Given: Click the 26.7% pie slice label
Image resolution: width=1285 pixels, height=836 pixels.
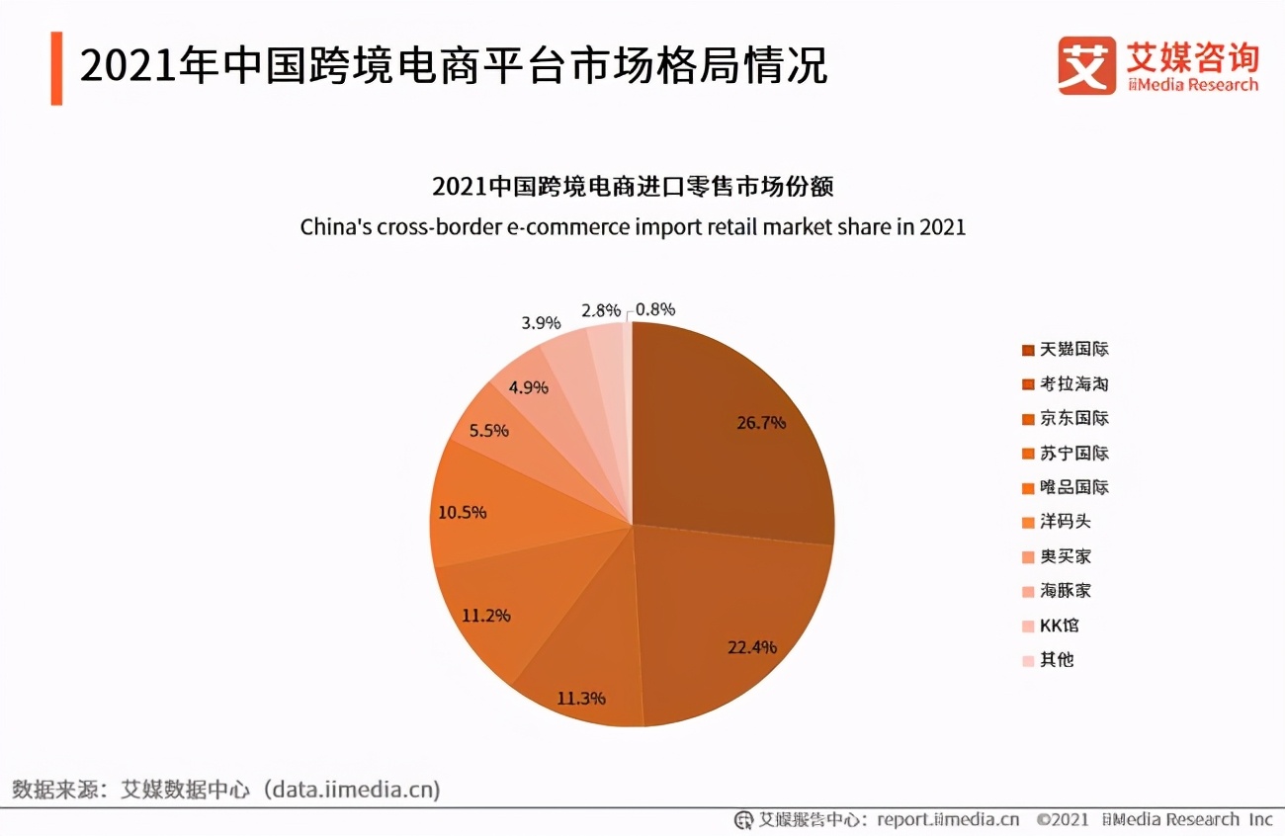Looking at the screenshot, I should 761,423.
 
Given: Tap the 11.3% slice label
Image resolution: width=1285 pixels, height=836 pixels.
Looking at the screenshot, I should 581,698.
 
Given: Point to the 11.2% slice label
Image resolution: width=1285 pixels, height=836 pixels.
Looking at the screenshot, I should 485,615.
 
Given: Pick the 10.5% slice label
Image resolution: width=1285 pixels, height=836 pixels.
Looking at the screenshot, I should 463,512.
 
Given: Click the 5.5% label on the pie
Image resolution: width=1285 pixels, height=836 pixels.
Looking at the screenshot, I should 488,431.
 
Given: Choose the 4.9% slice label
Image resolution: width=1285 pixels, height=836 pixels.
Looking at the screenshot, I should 528,386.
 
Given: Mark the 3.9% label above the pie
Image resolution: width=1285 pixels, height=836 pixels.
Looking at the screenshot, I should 541,323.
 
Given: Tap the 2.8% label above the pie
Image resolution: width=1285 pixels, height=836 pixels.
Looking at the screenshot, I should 600,310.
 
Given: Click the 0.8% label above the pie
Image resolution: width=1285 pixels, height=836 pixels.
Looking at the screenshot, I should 655,309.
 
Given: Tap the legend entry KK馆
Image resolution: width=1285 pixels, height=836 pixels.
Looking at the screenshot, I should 1054,626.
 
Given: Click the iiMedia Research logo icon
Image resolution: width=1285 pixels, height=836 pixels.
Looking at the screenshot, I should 1086,65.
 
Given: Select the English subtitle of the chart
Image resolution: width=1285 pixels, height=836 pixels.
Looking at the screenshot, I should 633,227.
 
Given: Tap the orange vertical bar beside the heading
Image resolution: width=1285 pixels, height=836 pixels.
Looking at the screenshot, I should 56,68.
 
